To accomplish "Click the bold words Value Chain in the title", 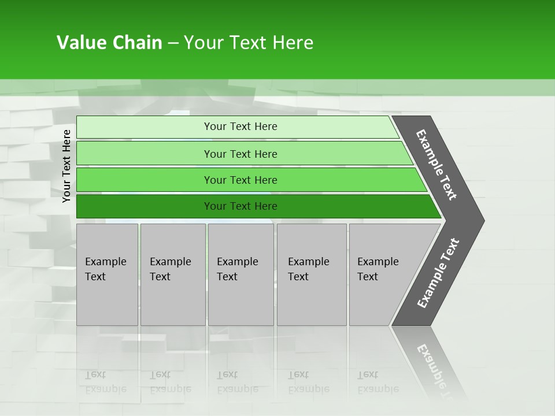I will [x=109, y=43].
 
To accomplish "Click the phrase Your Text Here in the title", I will [x=249, y=43].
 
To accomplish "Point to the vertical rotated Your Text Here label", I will [x=66, y=166].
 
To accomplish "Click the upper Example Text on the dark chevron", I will [x=436, y=165].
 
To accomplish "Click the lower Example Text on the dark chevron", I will [x=438, y=273].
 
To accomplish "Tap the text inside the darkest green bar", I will [x=240, y=206].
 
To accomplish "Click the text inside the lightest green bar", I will [x=240, y=127].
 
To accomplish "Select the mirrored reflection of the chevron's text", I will [x=436, y=367].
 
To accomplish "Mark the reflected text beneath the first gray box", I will [x=105, y=382].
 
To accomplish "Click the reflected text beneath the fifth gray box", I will [x=378, y=382].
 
